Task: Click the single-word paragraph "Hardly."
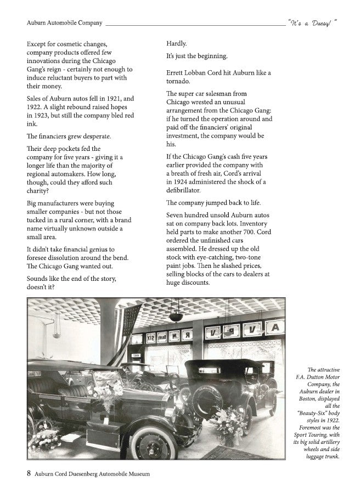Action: pyautogui.click(x=177, y=43)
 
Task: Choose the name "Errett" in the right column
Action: pyautogui.click(x=177, y=73)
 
